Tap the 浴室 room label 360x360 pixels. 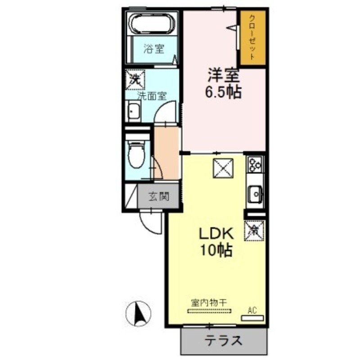coord(154,49)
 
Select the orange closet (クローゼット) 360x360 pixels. coord(252,39)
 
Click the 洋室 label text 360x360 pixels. coord(222,74)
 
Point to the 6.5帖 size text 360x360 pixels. coord(223,92)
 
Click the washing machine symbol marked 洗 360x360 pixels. coord(135,80)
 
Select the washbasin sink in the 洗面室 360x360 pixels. coord(134,111)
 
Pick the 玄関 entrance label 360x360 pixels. coord(159,197)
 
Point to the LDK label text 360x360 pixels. coord(216,234)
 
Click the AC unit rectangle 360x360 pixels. coord(252,317)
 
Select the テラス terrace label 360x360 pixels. coord(224,341)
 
